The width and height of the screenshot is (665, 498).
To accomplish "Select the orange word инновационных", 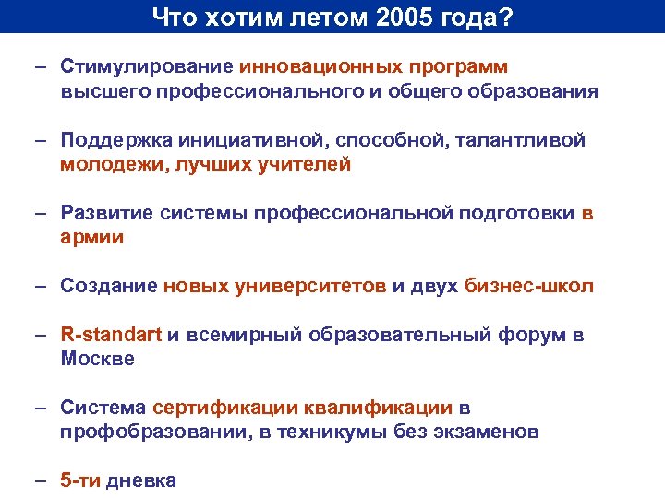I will click(x=316, y=66).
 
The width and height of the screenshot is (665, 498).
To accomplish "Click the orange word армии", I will click(x=92, y=237).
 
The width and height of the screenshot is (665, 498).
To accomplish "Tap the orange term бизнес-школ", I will click(x=529, y=286).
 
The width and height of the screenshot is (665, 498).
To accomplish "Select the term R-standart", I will click(x=110, y=335).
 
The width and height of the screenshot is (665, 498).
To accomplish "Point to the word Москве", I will click(x=98, y=359).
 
